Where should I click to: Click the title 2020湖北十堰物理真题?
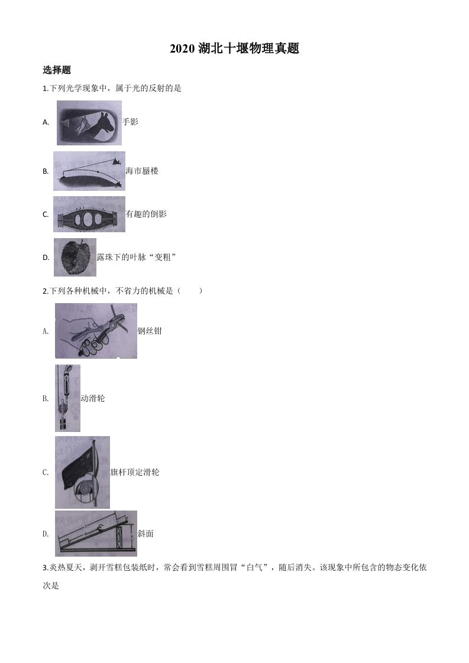click(234, 49)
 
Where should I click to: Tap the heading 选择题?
click(57, 70)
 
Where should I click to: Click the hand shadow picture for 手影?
click(89, 123)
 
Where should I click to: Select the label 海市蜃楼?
click(142, 171)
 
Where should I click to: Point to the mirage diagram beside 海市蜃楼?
click(89, 171)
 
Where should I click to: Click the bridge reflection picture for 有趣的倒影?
click(89, 214)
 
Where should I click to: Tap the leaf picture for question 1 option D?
click(75, 257)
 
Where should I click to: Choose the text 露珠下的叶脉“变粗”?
click(137, 257)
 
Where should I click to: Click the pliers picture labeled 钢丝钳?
click(96, 330)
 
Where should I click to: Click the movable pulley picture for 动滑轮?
click(67, 398)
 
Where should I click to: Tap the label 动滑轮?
click(92, 398)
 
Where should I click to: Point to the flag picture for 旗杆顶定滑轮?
click(82, 472)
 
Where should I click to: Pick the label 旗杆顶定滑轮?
click(135, 472)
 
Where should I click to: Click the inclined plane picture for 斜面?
click(96, 534)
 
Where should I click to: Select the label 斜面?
click(145, 534)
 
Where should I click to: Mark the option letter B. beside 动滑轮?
click(46, 398)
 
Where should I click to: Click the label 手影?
click(130, 122)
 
